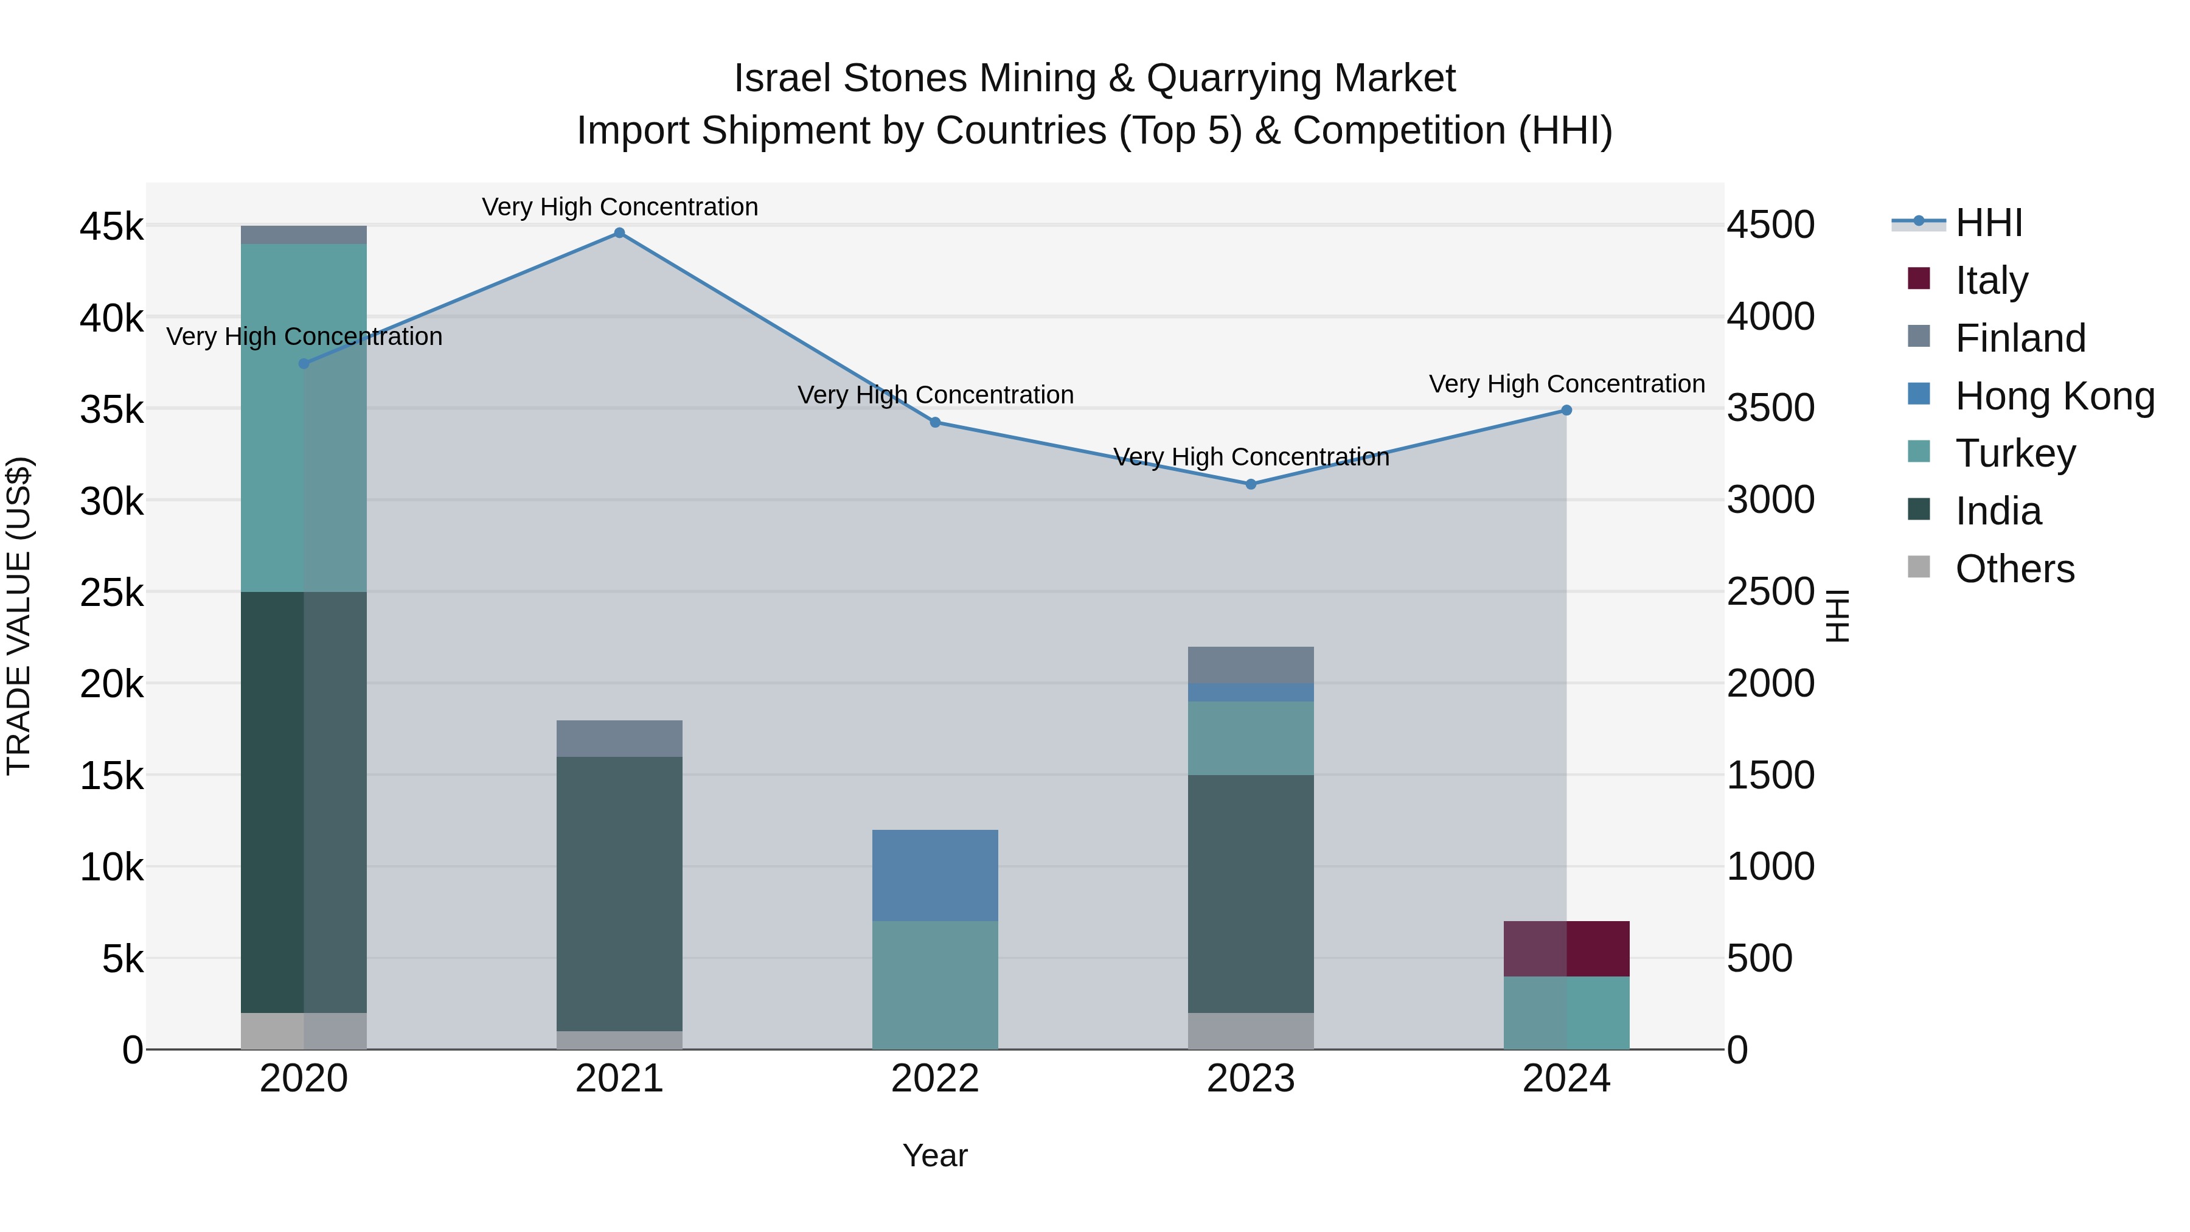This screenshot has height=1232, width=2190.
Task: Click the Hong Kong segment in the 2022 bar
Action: click(934, 875)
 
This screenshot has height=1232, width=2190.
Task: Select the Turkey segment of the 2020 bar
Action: click(304, 417)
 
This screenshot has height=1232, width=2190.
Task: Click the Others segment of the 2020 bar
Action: click(304, 1031)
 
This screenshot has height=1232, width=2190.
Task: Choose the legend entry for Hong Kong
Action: click(2054, 396)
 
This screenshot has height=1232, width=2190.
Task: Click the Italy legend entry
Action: click(1991, 280)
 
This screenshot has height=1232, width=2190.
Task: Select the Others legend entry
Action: click(2014, 569)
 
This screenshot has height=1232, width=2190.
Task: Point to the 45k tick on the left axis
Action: click(111, 227)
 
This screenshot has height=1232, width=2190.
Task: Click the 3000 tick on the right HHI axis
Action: click(1771, 500)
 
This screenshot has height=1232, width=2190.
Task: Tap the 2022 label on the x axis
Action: click(934, 1079)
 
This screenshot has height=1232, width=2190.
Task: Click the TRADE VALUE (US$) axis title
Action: click(19, 616)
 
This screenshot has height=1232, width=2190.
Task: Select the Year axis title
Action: click(934, 1155)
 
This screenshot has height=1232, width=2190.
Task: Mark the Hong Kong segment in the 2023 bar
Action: click(1251, 692)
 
